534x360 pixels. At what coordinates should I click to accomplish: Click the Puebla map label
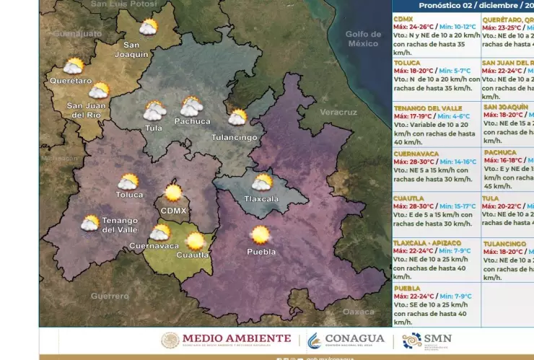(x=261, y=252)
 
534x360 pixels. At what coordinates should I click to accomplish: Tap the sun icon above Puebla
(x=260, y=234)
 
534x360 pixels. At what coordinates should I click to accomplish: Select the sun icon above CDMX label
(x=173, y=193)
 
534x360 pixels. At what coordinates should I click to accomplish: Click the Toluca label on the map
(x=130, y=195)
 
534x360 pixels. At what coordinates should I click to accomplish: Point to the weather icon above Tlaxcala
(x=262, y=182)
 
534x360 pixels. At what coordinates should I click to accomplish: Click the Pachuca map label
(x=192, y=121)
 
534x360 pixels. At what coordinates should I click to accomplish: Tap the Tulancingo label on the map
(x=235, y=137)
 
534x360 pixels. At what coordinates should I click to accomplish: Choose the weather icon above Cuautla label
(x=195, y=241)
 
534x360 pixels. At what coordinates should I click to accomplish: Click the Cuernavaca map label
(x=154, y=246)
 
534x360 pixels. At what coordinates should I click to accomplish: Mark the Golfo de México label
(x=363, y=39)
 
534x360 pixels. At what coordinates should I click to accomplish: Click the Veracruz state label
(x=338, y=113)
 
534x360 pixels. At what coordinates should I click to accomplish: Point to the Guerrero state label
(x=110, y=296)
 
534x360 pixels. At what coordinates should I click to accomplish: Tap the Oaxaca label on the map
(x=359, y=312)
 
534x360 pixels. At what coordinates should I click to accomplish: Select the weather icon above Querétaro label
(x=74, y=66)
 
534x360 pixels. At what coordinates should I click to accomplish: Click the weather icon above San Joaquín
(x=149, y=27)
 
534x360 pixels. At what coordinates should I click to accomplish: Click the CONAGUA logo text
(x=354, y=338)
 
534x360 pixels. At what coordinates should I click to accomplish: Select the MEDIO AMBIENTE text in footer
(x=237, y=338)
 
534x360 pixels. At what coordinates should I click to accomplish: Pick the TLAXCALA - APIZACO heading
(x=430, y=242)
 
